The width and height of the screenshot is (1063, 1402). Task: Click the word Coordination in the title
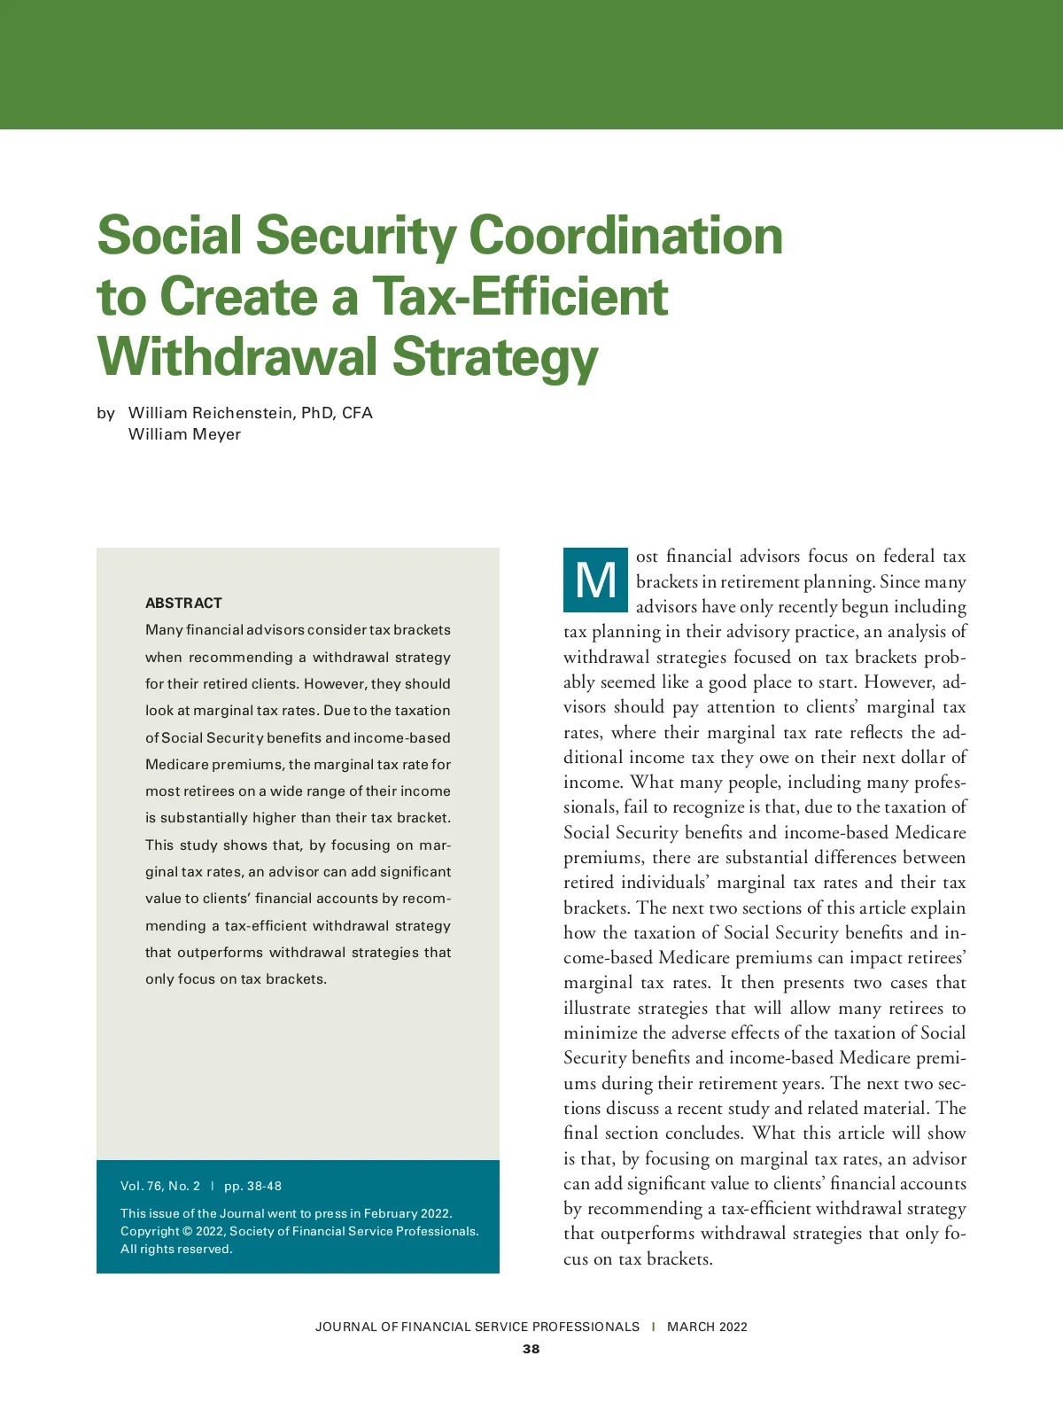(625, 237)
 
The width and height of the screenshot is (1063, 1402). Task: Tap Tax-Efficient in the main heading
(520, 297)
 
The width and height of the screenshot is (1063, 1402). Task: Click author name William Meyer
(184, 434)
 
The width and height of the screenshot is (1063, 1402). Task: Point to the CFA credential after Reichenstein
(357, 413)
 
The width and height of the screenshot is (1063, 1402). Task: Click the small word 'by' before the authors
(106, 413)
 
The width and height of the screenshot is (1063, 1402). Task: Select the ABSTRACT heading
(183, 603)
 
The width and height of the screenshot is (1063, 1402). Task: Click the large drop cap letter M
(595, 581)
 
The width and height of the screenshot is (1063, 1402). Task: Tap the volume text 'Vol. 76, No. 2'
(160, 1186)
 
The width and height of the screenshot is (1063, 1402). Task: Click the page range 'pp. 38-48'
(252, 1186)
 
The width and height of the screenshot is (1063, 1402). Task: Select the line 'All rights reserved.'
(176, 1249)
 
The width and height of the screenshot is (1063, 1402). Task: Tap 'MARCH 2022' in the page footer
(707, 1327)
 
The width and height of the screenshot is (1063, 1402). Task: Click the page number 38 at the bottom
(531, 1349)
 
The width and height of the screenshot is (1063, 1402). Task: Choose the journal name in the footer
(477, 1327)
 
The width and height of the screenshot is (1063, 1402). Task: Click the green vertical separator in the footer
(654, 1327)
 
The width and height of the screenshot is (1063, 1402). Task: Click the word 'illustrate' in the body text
(597, 1009)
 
